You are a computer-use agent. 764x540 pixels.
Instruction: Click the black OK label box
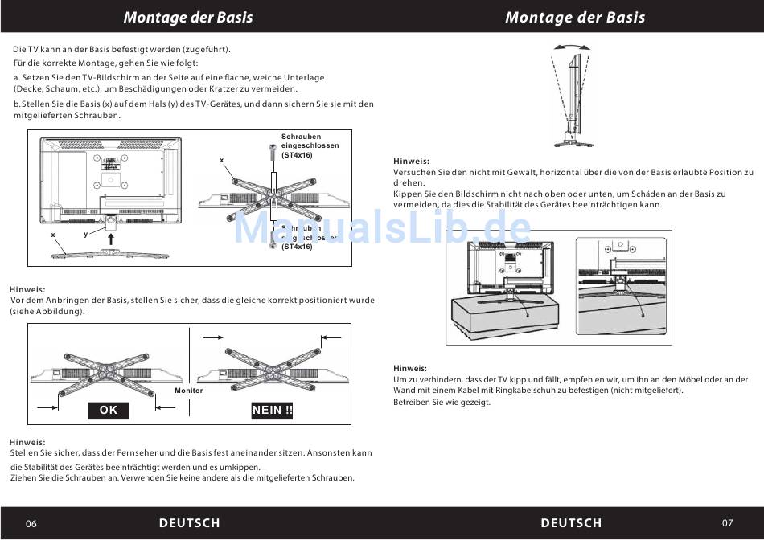pos(109,411)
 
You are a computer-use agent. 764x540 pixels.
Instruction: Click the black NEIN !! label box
pos(273,411)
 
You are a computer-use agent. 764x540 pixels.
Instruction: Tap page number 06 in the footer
pos(31,524)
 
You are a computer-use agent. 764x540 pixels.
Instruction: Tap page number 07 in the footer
pos(727,523)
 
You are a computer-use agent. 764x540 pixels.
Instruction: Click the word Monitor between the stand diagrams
pos(189,391)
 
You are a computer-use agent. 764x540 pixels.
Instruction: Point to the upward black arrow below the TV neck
pos(111,239)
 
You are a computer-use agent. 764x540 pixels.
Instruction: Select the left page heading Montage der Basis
pos(188,17)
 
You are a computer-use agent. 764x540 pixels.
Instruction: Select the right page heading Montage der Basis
pos(574,17)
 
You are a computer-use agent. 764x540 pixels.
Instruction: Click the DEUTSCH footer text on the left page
pos(189,523)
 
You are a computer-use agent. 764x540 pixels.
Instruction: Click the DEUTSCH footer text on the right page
pos(571,523)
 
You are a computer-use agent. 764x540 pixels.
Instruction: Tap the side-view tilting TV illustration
pos(573,96)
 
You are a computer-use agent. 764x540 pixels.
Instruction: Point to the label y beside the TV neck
pos(85,234)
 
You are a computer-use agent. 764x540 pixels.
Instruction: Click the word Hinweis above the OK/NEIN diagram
pos(27,289)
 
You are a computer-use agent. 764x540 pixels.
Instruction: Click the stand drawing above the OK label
pos(107,371)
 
